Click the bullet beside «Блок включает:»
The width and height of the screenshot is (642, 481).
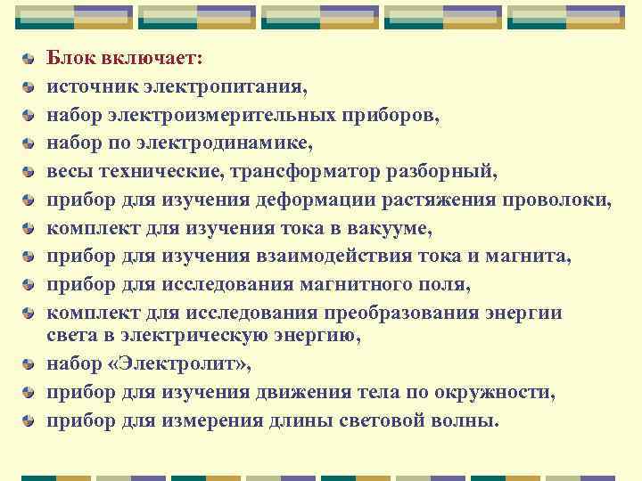pyautogui.click(x=29, y=60)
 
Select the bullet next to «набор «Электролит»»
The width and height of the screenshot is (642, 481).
pyautogui.click(x=29, y=365)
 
